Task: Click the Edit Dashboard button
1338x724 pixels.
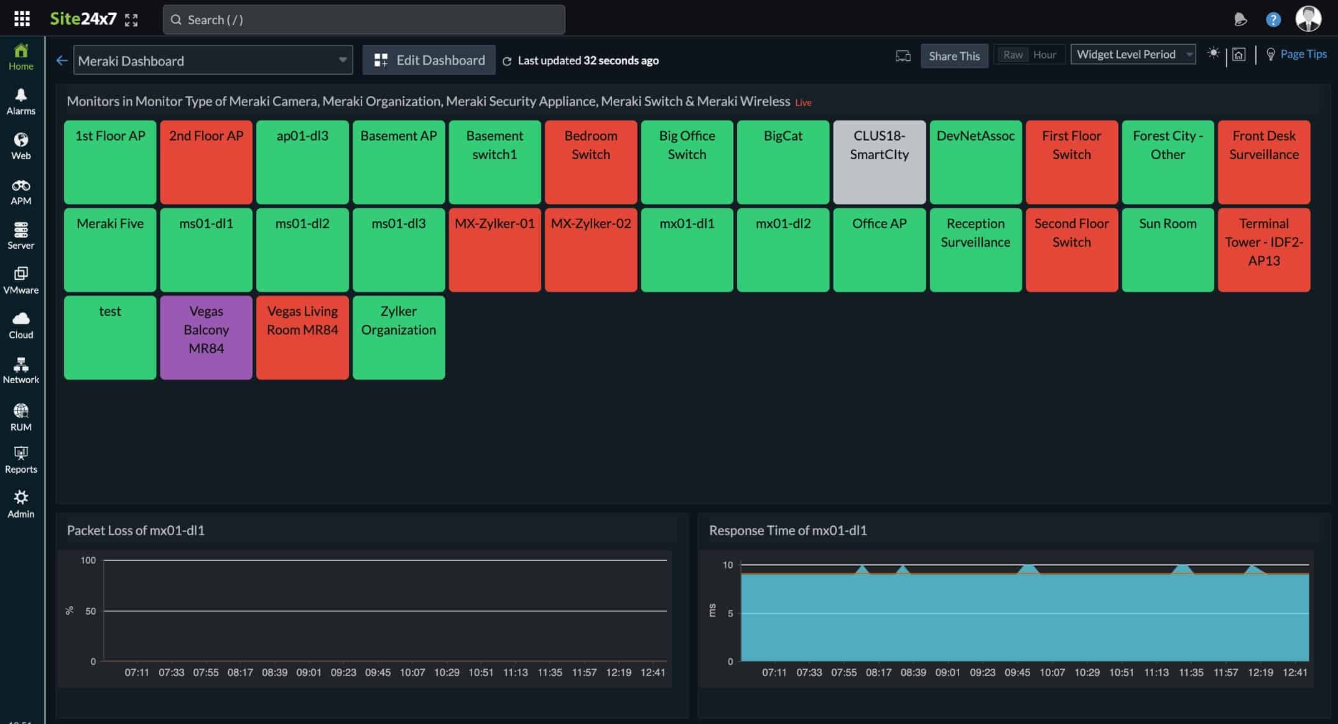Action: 429,60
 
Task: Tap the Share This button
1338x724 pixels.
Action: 954,56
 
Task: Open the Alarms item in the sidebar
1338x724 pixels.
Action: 21,101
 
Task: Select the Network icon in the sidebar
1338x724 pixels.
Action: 21,370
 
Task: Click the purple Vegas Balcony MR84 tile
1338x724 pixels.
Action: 206,337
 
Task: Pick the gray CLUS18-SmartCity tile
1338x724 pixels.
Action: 879,162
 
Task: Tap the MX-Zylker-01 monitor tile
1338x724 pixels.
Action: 495,249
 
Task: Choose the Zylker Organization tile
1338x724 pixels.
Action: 398,337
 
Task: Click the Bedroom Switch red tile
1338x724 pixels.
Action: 590,162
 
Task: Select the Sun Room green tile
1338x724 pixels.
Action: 1168,249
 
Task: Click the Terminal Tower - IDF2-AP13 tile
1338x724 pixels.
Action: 1263,249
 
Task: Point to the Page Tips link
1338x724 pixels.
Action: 1303,54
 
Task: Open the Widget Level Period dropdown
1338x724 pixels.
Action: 1133,54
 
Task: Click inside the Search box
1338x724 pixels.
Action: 364,20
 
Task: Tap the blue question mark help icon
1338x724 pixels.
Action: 1273,20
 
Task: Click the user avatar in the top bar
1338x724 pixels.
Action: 1308,19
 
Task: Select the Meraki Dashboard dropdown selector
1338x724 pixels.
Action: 213,60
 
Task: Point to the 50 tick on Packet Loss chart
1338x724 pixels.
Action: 91,611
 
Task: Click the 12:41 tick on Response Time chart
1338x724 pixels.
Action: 1294,672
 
